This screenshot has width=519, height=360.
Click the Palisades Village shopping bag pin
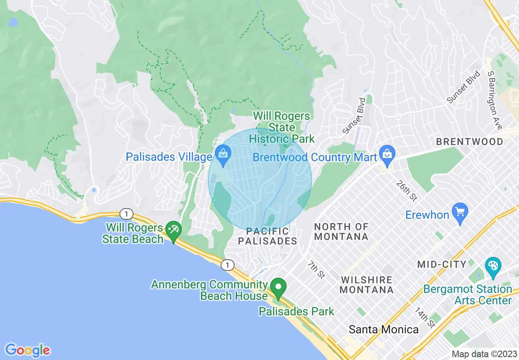(x=223, y=155)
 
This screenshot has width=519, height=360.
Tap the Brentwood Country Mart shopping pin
(x=387, y=155)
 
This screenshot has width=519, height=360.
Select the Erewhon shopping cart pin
(x=460, y=212)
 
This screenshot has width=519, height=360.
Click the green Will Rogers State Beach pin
(x=174, y=232)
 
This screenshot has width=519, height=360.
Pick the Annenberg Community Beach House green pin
(x=279, y=287)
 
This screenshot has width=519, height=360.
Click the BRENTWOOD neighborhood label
(x=469, y=142)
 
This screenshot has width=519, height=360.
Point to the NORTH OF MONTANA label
(x=341, y=232)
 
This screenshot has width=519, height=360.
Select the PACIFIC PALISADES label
(x=267, y=236)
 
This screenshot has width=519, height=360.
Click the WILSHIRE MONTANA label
(x=367, y=285)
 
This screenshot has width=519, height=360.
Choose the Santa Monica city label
(x=384, y=330)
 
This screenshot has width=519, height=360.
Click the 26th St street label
(x=406, y=191)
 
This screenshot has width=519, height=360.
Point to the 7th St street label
(x=316, y=270)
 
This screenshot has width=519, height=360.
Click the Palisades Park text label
(x=296, y=311)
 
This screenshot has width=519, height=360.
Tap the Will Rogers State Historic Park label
(x=282, y=127)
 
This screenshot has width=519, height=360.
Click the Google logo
(x=27, y=350)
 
